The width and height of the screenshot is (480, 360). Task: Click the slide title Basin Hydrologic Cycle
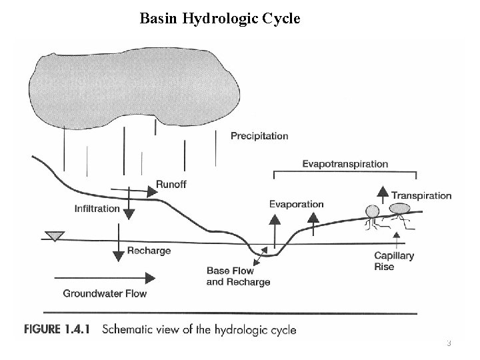click(x=220, y=19)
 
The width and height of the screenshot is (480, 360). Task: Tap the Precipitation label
click(x=259, y=136)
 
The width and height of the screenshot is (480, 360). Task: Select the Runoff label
click(x=171, y=185)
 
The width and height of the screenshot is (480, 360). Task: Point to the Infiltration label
click(x=97, y=209)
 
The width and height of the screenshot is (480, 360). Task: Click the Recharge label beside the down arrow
click(x=149, y=251)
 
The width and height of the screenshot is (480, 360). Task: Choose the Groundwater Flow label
click(x=105, y=293)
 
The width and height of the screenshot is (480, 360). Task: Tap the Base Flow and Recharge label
click(x=238, y=277)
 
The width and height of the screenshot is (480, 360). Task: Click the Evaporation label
click(x=296, y=204)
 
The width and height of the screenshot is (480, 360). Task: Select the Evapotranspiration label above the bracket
click(x=345, y=163)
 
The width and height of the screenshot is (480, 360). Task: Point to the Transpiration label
click(x=421, y=195)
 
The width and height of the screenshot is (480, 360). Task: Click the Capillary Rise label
click(x=393, y=261)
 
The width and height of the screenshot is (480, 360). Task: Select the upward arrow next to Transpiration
click(x=383, y=194)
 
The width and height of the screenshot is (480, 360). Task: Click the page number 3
click(x=449, y=343)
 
